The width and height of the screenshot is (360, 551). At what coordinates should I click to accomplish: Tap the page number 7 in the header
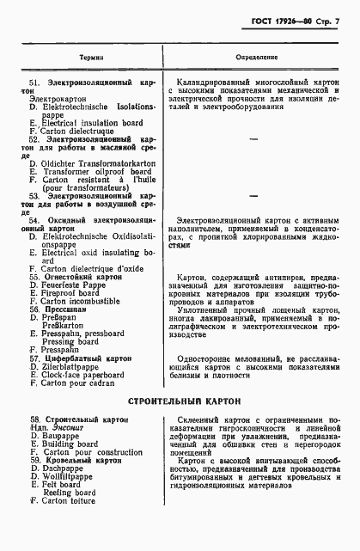point(339,18)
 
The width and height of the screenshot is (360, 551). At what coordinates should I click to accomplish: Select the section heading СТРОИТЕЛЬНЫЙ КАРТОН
point(180,401)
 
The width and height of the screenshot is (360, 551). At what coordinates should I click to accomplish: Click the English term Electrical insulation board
point(83,122)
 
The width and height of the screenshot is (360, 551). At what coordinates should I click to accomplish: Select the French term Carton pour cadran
point(80,383)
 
